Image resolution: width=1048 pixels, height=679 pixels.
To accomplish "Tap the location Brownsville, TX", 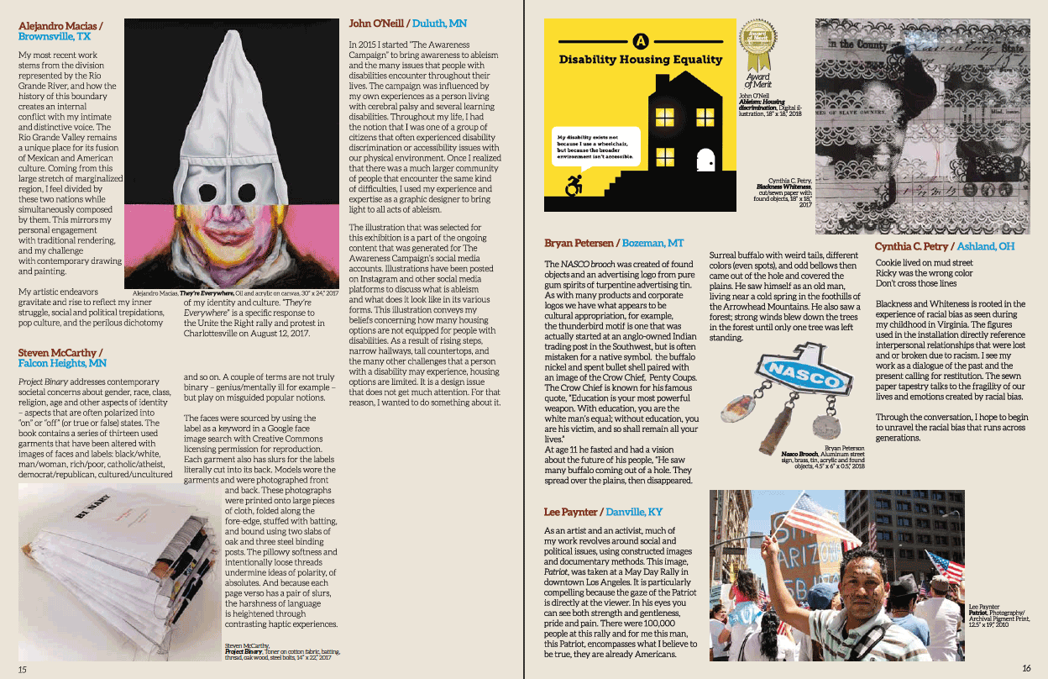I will (x=55, y=37).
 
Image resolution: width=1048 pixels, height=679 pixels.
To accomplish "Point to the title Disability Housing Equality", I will (x=641, y=60).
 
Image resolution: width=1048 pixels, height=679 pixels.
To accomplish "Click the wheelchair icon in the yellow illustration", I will (x=574, y=186).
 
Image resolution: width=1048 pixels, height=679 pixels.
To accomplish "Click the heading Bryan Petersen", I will (x=578, y=243).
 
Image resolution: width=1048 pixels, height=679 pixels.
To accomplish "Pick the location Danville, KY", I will (x=634, y=512).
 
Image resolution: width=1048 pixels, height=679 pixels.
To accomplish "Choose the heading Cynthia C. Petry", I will (x=912, y=246).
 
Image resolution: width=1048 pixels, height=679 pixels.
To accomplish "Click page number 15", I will (x=23, y=669).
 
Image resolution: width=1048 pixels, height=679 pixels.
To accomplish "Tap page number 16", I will (x=1026, y=668).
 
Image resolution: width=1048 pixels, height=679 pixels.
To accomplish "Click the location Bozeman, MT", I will (x=652, y=243).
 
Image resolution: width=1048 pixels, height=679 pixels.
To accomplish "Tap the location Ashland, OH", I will (x=984, y=246).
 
